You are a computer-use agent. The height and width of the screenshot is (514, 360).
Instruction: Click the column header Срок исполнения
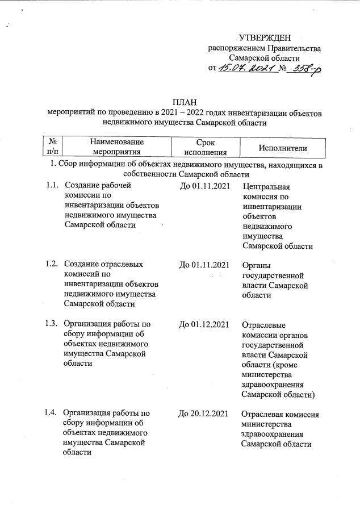[x=205, y=147]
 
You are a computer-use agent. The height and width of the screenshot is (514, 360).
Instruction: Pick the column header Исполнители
[x=282, y=148]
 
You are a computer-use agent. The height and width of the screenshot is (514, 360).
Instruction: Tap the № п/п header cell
[x=52, y=147]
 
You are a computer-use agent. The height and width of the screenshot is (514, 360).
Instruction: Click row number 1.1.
[x=52, y=185]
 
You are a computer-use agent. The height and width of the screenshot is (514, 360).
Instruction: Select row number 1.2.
[x=52, y=264]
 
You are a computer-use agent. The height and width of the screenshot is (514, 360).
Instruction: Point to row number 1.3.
[x=52, y=324]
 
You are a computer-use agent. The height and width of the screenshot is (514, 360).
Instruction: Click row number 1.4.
[x=52, y=413]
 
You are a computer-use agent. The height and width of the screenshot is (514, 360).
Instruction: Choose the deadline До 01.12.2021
[x=204, y=324]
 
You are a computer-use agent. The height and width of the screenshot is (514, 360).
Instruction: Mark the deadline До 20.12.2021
[x=204, y=413]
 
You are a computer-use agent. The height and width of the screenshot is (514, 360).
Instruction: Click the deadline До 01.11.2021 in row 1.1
[x=204, y=185]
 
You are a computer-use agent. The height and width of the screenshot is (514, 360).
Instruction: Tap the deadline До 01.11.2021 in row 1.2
[x=204, y=264]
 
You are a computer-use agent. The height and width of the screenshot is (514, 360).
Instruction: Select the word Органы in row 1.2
[x=256, y=265]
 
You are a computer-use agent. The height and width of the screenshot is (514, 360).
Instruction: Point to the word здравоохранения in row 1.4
[x=273, y=434]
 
